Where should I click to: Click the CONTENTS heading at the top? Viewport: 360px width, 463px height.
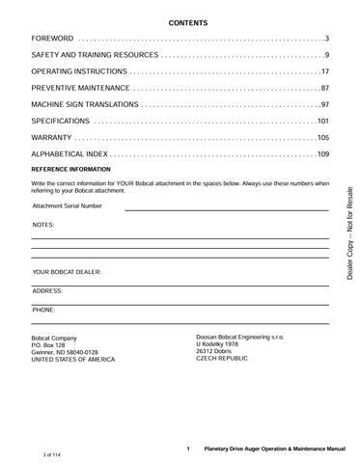pos(180,21)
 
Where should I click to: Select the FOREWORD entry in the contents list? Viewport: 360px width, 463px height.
pos(53,38)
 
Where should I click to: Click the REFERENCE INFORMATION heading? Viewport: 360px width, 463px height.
pos(71,169)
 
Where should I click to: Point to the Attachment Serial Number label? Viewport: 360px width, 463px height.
pos(67,205)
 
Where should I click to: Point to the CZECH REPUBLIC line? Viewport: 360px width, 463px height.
pos(222,359)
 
